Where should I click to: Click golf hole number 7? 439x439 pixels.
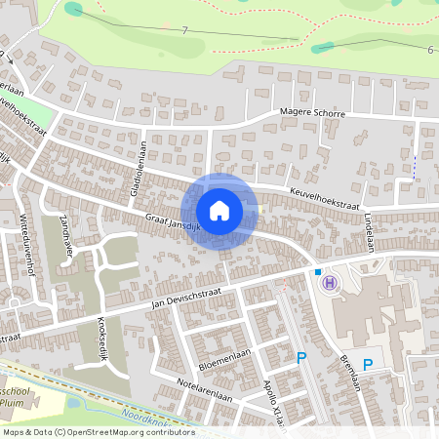coord(183,30)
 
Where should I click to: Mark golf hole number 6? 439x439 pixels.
coord(429,49)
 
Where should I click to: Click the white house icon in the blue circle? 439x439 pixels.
coord(219,210)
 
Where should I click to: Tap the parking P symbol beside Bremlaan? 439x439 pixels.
coord(368,365)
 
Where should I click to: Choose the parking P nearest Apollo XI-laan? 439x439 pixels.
coord(301,358)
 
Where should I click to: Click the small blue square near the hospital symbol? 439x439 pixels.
coord(318,271)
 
